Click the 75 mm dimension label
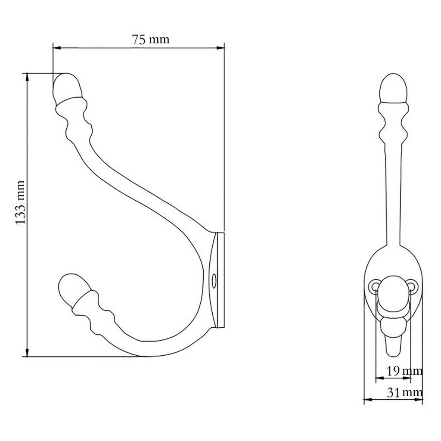pyautogui.click(x=150, y=40)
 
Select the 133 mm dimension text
pyautogui.click(x=20, y=202)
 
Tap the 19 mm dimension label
pyautogui.click(x=404, y=371)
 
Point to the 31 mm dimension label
pyautogui.click(x=404, y=393)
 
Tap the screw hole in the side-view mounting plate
pyautogui.click(x=214, y=280)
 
